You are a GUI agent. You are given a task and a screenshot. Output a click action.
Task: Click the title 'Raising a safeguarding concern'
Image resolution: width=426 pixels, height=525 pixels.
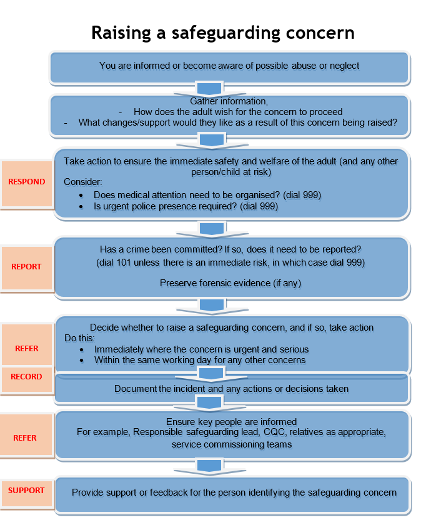(223, 32)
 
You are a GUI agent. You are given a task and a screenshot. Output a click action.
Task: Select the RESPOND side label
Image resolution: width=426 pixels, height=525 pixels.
(26, 182)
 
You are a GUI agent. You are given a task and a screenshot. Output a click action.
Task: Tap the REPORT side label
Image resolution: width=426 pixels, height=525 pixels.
(26, 267)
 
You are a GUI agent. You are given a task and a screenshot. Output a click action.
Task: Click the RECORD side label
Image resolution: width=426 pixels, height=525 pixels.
(26, 377)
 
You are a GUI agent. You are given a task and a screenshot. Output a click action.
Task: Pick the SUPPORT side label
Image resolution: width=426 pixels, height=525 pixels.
(26, 491)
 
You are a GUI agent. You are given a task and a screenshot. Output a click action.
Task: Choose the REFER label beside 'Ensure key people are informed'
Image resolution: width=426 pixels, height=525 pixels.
(26, 438)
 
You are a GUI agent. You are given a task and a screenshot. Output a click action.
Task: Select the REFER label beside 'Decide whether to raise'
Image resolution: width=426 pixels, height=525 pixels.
(26, 349)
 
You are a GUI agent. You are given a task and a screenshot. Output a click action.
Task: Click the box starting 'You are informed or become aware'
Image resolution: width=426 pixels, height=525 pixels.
(229, 66)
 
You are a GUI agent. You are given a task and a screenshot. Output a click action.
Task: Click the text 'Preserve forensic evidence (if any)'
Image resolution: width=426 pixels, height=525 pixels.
(230, 283)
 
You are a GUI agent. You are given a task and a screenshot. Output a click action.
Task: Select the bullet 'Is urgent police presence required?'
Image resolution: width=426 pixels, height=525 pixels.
(186, 206)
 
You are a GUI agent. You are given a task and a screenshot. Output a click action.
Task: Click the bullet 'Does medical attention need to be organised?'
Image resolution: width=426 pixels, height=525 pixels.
(207, 195)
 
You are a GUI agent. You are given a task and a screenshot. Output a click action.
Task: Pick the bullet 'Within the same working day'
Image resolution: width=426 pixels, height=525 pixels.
(200, 360)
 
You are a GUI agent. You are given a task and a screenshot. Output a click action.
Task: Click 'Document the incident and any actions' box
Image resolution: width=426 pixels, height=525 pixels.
(231, 389)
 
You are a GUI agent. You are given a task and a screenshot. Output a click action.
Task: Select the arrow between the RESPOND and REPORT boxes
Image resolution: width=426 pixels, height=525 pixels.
(209, 228)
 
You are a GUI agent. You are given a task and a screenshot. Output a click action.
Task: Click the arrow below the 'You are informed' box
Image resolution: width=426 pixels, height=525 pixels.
(209, 87)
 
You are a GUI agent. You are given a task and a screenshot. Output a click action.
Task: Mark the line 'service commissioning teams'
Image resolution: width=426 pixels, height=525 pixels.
(230, 444)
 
